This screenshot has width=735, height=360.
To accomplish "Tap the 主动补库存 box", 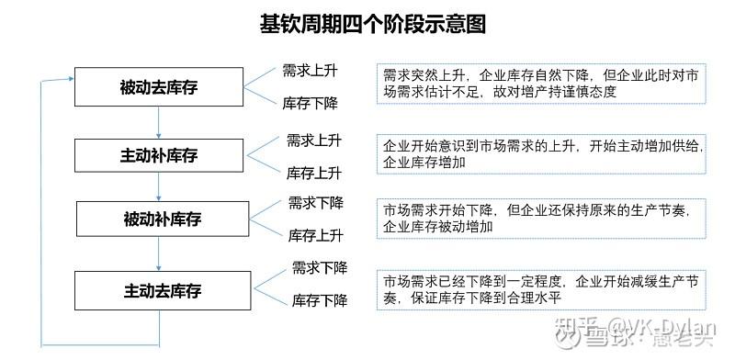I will pos(160,153).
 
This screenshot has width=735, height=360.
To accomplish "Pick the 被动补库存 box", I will pos(163,219).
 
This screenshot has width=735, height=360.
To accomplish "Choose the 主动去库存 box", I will pos(162,291).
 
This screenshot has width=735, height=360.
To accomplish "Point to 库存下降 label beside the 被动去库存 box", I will pos(311,103).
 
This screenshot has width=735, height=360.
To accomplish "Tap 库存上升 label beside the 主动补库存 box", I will pos(314,173).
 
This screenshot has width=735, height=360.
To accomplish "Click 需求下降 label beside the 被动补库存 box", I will pos(315,202).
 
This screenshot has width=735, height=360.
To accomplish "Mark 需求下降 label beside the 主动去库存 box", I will pos(319,267).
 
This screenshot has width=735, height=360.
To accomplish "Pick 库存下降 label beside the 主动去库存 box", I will pos(319,299).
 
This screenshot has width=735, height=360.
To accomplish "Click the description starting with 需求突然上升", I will pos(541,83).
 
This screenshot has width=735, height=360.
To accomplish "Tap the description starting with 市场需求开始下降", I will pos(541,217).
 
